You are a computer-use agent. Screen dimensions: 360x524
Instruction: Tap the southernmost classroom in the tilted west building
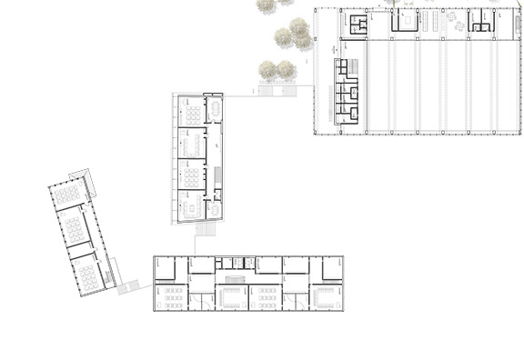pyautogui.click(x=87, y=271)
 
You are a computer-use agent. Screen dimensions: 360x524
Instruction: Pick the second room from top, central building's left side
pyautogui.click(x=191, y=144)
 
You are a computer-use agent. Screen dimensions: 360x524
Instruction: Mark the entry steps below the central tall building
pyautogui.click(x=204, y=232)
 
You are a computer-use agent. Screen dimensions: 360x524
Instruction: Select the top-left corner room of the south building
pyautogui.click(x=164, y=268)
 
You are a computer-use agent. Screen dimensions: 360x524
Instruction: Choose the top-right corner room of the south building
pyautogui.click(x=331, y=267)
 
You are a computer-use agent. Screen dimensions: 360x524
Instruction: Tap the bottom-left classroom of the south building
pyautogui.click(x=170, y=297)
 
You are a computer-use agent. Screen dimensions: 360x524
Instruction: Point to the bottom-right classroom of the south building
pyautogui.click(x=325, y=297)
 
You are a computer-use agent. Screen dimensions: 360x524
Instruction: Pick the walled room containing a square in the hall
pyautogui.click(x=404, y=20)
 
